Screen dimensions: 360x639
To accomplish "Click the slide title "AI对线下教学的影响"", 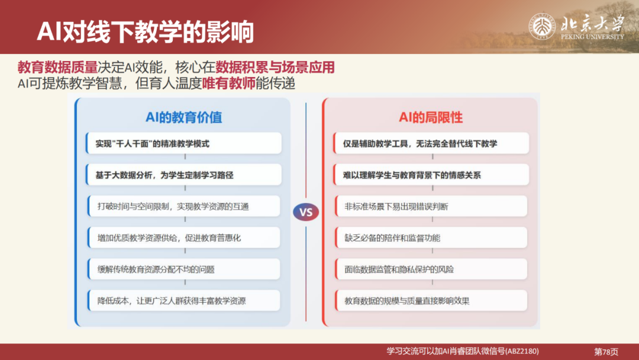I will [x=145, y=31].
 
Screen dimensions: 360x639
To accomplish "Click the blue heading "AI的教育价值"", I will [x=184, y=117].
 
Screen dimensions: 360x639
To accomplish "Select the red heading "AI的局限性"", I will [x=431, y=117].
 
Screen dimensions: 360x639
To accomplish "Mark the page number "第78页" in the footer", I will [x=605, y=351].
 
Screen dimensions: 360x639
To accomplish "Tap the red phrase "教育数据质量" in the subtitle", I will [x=57, y=67].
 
